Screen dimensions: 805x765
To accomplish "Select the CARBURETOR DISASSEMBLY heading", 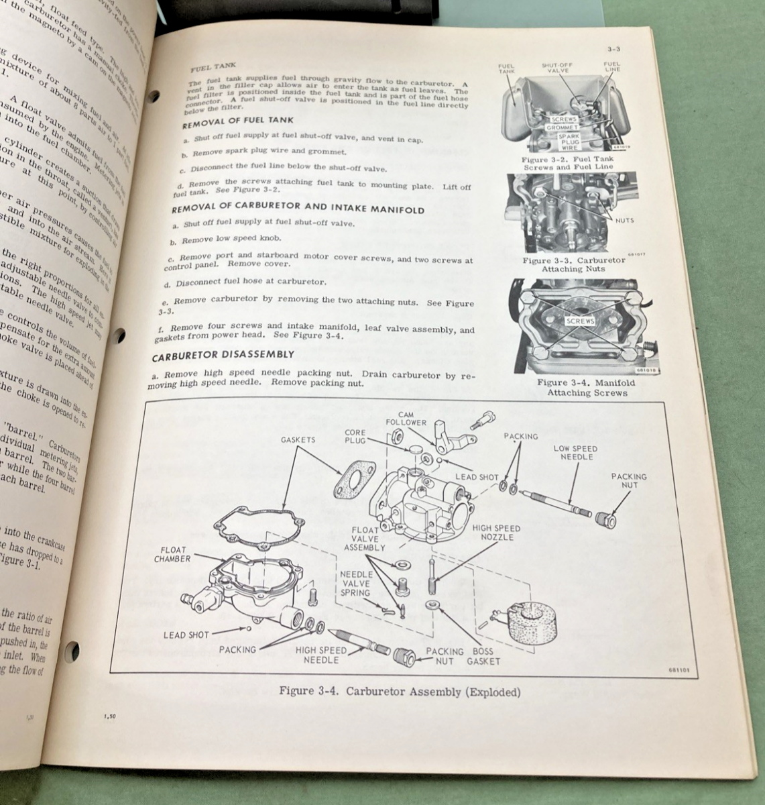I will point(223,354).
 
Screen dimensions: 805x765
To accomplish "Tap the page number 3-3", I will point(612,49).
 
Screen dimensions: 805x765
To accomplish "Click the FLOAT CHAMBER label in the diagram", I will point(172,554).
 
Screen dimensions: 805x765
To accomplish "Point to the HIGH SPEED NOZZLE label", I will point(497,533).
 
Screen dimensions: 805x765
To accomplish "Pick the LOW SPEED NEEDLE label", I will point(575,453).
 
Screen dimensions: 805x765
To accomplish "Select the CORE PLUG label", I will point(355,437).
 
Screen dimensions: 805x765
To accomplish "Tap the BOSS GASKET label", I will point(483,656).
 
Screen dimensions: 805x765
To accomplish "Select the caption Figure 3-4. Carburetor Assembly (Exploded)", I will point(399,692).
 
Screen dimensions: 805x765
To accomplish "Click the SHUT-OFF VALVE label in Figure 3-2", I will point(558,67).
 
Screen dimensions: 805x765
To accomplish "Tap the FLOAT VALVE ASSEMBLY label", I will point(365,539).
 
